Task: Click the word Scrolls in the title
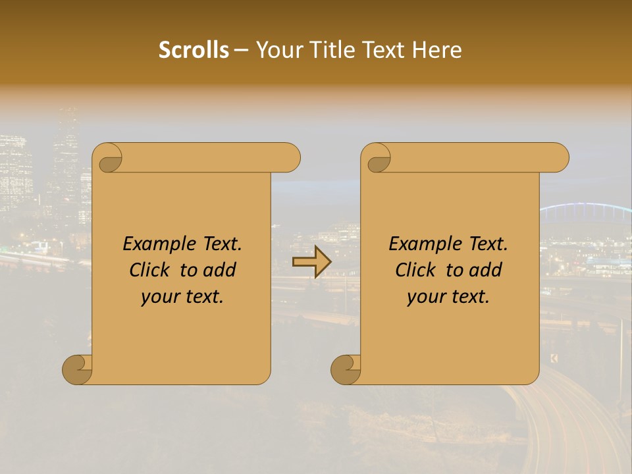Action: [x=194, y=50]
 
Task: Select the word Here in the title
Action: [x=436, y=50]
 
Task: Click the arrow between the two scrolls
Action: [x=311, y=261]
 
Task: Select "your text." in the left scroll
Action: [x=182, y=297]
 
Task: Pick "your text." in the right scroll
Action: [x=448, y=297]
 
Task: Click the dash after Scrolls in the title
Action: [x=241, y=50]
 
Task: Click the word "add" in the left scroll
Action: [x=220, y=270]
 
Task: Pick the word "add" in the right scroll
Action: [x=486, y=270]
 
